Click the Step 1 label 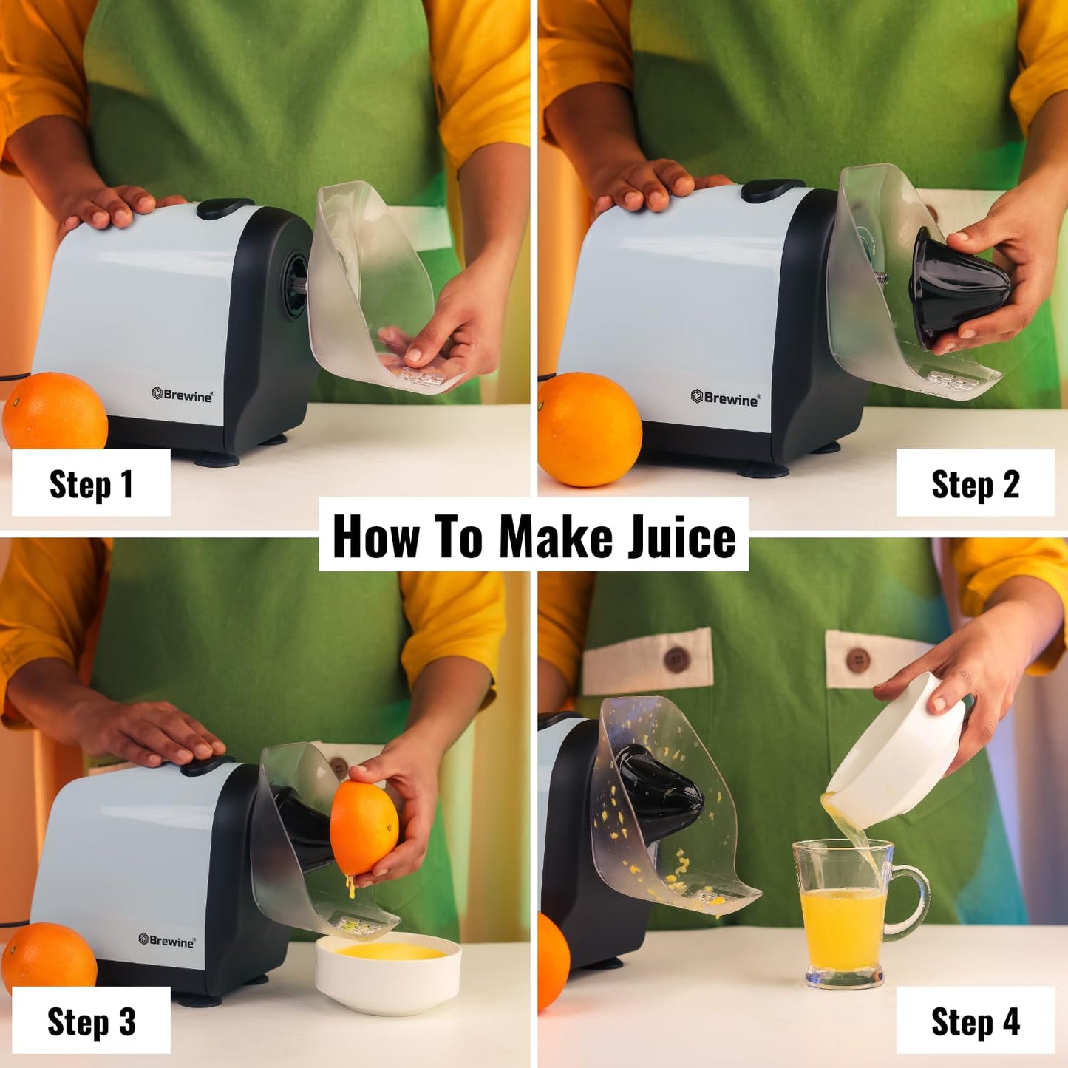click(91, 484)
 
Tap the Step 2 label click(975, 484)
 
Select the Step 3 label click(91, 1021)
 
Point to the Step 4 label click(975, 1021)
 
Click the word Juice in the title click(681, 536)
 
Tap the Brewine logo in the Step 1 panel click(183, 395)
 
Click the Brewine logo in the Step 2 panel click(725, 398)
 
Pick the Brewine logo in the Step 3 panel click(167, 940)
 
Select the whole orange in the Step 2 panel click(589, 429)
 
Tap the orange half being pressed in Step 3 click(364, 828)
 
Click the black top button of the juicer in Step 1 click(225, 207)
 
